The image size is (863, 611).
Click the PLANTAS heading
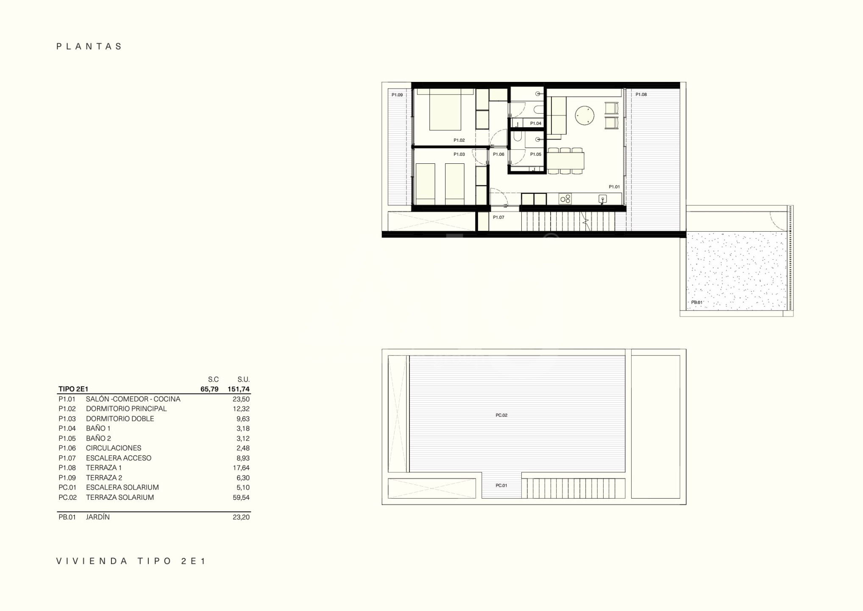click(89, 46)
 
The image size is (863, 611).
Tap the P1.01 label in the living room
click(614, 187)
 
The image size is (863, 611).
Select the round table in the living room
click(585, 115)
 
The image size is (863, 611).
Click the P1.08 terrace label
click(641, 95)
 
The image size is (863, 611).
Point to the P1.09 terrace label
click(397, 95)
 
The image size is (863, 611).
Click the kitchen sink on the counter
click(602, 199)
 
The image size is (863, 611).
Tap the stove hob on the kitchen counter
click(565, 199)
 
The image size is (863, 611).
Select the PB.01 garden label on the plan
click(697, 303)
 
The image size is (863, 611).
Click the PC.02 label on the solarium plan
click(501, 415)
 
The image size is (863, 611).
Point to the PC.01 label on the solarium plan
click(501, 485)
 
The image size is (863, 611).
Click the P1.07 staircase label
click(498, 217)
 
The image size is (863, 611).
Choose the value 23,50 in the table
click(241, 399)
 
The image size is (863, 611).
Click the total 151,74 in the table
click(239, 389)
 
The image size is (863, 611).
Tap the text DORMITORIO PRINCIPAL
click(126, 409)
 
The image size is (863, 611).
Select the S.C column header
click(213, 379)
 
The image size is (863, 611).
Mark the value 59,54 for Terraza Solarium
click(241, 497)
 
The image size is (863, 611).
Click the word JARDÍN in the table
click(97, 517)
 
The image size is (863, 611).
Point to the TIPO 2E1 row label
click(73, 389)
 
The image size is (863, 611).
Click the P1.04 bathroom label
click(536, 123)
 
